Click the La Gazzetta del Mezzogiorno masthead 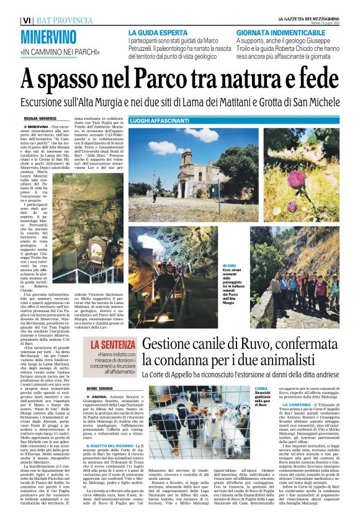click(312, 19)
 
